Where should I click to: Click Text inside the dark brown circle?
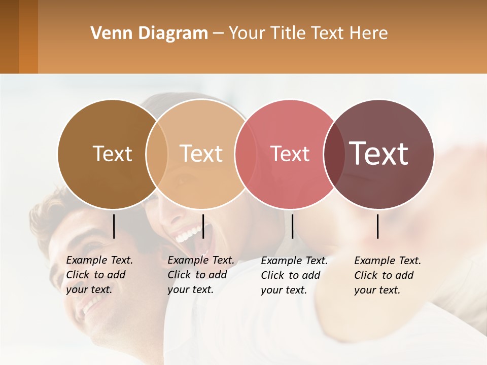tap(112, 154)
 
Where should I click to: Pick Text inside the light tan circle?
tap(201, 154)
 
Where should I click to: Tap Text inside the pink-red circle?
tap(290, 154)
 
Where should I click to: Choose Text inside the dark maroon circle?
tap(379, 153)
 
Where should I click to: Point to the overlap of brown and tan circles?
tap(157, 154)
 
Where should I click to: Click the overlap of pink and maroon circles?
tap(334, 154)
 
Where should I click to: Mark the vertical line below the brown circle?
tap(114, 226)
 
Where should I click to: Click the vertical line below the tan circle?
tap(203, 226)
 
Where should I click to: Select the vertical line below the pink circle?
tap(292, 226)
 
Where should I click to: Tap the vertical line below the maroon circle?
tap(378, 226)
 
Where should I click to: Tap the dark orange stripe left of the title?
tap(28, 36)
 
